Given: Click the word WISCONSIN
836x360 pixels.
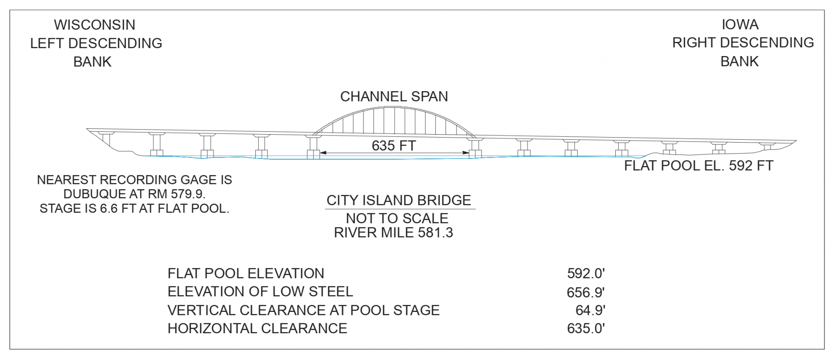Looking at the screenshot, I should point(94,25).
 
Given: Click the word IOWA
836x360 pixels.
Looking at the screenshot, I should point(740,25).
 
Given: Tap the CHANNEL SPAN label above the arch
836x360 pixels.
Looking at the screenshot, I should point(394,97).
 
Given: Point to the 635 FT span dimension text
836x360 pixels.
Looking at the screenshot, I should point(394,146).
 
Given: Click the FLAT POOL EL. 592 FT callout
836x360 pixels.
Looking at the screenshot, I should point(698,166).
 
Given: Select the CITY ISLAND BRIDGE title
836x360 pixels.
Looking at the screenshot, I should point(399,200).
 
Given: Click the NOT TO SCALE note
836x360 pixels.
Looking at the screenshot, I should point(397,218).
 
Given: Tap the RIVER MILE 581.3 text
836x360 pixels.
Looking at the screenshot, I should point(393,232).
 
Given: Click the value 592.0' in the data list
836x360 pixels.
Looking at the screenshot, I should point(586,273).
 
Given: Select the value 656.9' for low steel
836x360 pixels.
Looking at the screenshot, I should point(586,292).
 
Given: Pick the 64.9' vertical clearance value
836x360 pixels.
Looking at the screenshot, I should point(590,310).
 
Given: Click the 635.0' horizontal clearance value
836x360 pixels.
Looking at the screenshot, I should point(586,329).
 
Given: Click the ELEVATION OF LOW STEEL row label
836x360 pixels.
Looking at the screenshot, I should point(260,291).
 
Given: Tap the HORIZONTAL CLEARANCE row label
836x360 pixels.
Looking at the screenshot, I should point(257,329).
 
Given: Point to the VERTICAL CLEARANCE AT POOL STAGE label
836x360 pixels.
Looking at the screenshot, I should point(303,310).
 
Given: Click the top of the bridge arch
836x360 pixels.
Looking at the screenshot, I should point(394,107).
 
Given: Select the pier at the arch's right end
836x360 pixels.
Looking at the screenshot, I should point(475,148).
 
